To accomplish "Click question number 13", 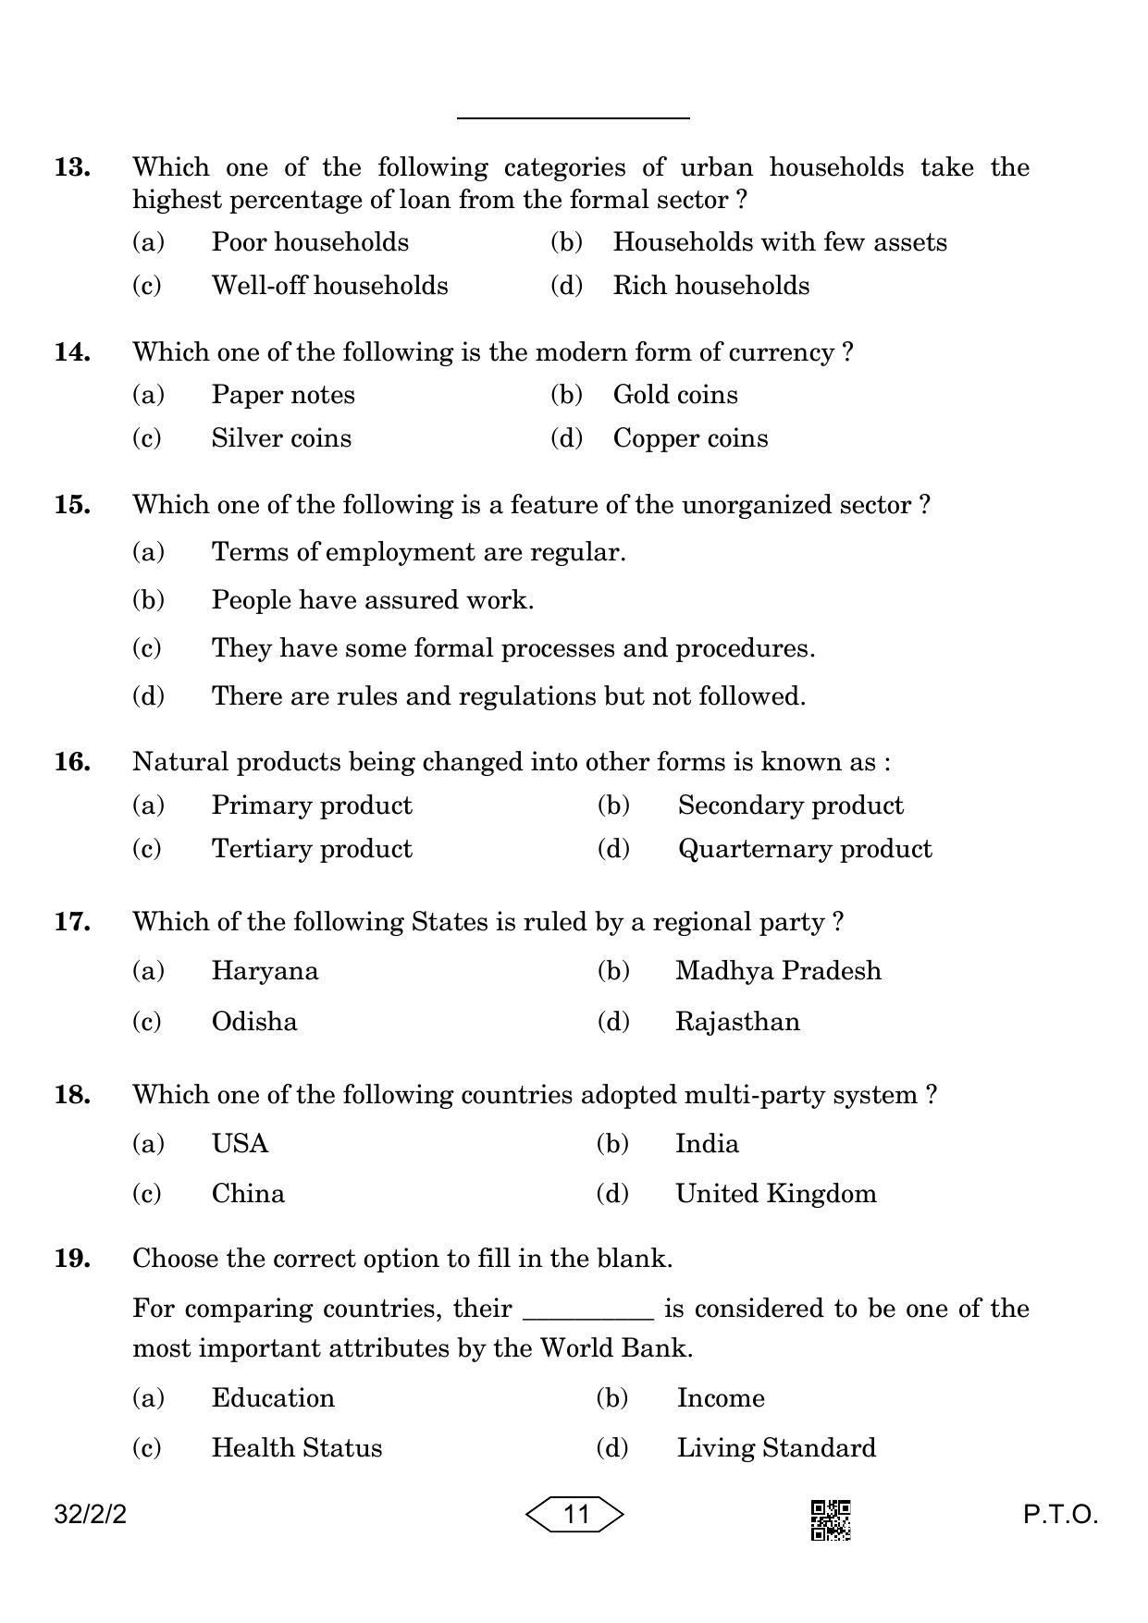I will coord(72,167).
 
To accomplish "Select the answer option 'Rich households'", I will coord(710,286).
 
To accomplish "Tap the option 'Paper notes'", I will coord(283,395).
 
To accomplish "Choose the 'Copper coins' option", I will coord(690,438).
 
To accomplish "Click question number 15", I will coord(72,505).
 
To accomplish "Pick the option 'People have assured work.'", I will coord(372,600).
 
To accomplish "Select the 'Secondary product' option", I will coord(790,805).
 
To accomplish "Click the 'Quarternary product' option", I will coord(805,849).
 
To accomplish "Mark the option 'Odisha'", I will coord(254,1022).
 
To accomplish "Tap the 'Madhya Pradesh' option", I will coord(778,971).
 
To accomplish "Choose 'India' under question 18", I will coord(707,1144).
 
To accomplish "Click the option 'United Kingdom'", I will coord(775,1194).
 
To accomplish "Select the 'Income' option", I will coord(721,1398).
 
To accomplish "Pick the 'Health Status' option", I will coord(296,1448).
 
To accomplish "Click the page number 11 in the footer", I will coord(575,1514).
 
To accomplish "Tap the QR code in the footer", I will coord(831,1520).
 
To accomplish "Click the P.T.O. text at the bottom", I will coord(1060,1515).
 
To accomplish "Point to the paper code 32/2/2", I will coord(91,1515).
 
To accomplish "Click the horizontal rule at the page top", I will coord(574,118).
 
